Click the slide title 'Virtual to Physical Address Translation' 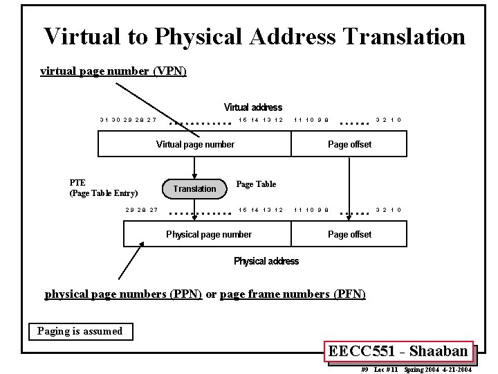coord(255,37)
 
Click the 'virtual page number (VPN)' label coord(113,71)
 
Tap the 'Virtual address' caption coord(252,107)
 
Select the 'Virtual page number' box coord(195,144)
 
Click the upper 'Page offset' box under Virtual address coord(349,144)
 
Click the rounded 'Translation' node coord(194,188)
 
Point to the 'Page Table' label coord(256,184)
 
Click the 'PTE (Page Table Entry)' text coord(104,188)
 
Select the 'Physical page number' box coord(209,234)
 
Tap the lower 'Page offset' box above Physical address coord(349,234)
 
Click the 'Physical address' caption coord(266,261)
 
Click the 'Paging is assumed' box coord(80,331)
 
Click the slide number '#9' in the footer coord(365,370)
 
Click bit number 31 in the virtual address coord(104,120)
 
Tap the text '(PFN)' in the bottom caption coord(349,294)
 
